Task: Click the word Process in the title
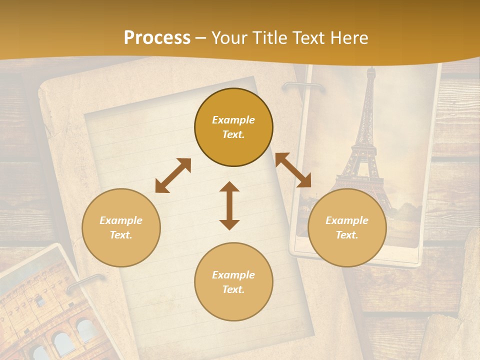(157, 38)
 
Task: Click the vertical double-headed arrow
(229, 205)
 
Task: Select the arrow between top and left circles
(173, 175)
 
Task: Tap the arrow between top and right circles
(293, 170)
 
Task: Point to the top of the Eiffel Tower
(370, 70)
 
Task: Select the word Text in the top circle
(233, 134)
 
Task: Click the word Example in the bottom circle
(233, 275)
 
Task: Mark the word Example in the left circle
(121, 220)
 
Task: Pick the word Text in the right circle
(347, 235)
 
